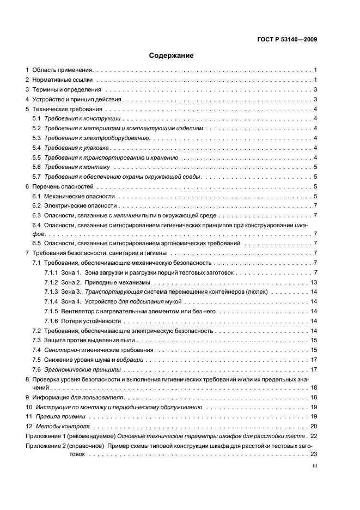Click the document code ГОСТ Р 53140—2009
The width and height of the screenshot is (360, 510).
287,39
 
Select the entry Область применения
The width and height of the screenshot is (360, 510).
63,70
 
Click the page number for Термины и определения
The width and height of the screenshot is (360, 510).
315,90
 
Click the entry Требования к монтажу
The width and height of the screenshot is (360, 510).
77,167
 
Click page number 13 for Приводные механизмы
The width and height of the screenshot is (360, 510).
314,282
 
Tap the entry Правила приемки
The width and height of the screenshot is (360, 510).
60,417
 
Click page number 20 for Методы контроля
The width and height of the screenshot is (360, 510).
314,427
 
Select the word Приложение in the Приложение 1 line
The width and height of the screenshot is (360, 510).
43,436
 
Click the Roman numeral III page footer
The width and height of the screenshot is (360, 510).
314,466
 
